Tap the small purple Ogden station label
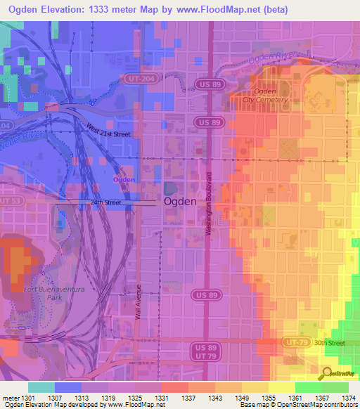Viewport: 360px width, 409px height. coord(124,180)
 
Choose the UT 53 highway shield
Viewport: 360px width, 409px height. coord(9,202)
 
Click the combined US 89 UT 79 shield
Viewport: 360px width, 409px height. coord(202,351)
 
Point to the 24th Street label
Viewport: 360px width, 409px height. coord(106,202)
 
